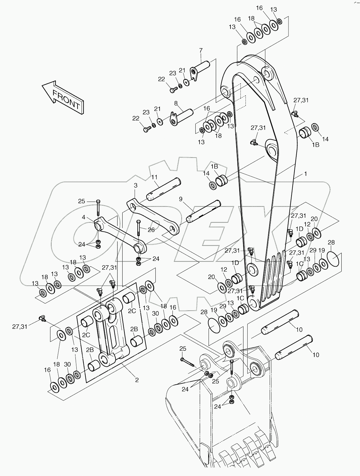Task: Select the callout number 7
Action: (x=201, y=50)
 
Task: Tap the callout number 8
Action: (x=176, y=103)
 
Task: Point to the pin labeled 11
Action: (x=164, y=189)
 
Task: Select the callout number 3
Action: (x=136, y=186)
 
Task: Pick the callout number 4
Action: (x=84, y=217)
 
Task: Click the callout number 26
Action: (x=151, y=230)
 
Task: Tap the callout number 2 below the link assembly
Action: (x=137, y=380)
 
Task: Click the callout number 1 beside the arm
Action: (x=306, y=174)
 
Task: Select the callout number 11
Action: (x=154, y=177)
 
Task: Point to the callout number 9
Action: (x=181, y=199)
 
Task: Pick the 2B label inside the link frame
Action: (x=134, y=329)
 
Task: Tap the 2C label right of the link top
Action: (x=132, y=311)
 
